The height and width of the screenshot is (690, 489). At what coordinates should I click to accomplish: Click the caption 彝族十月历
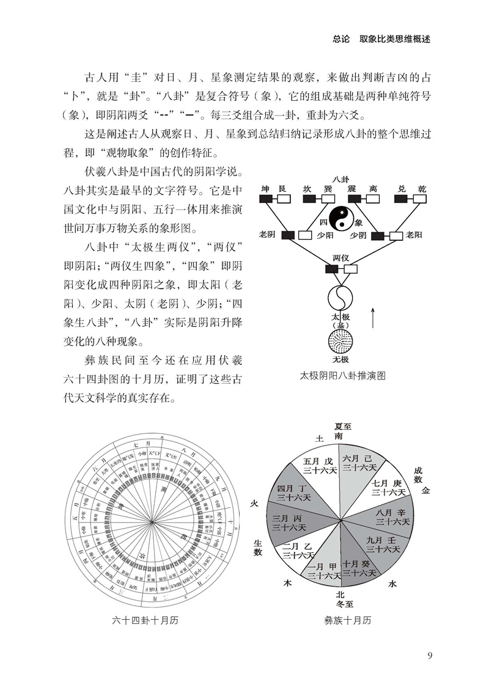point(347,621)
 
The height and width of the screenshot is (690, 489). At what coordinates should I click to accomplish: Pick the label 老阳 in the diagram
point(415,234)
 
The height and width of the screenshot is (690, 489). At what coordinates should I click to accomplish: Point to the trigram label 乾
point(421,189)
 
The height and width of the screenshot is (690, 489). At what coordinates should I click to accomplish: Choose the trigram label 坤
point(265,189)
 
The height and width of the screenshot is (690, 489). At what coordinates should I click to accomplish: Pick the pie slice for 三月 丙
point(287,521)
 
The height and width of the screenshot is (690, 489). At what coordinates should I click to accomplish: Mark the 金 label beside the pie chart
point(425,490)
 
